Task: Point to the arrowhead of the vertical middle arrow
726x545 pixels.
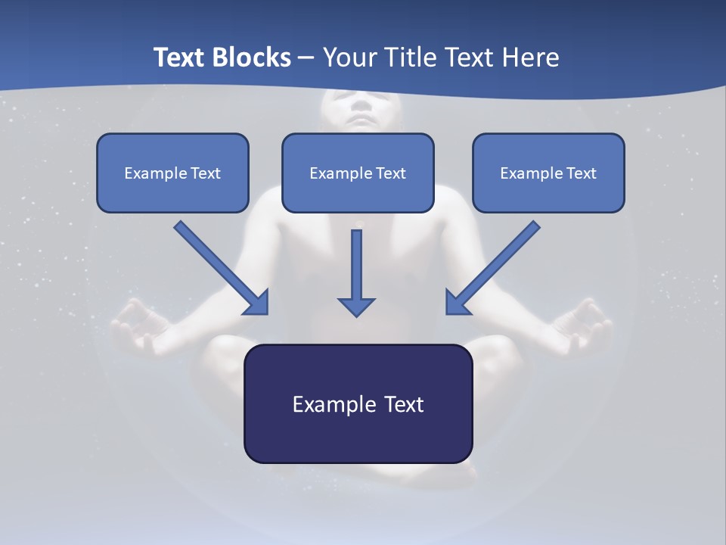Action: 356,306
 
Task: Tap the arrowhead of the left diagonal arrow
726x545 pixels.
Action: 257,303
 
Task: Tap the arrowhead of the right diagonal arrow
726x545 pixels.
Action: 457,303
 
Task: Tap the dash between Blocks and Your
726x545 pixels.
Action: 306,58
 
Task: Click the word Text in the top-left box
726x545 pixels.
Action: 205,173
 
